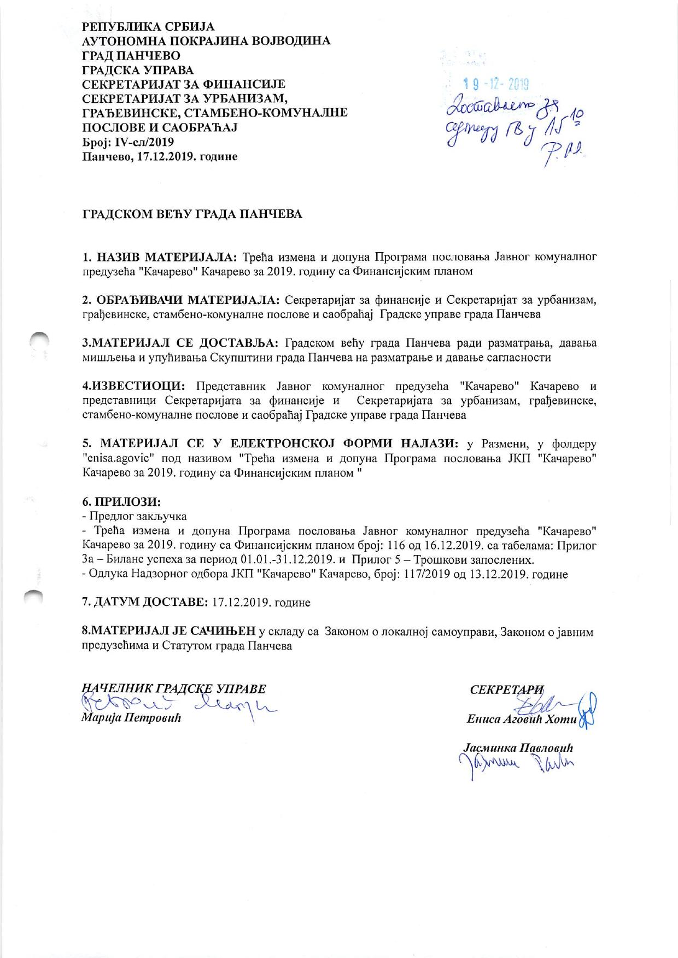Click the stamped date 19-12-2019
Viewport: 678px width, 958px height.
tap(495, 84)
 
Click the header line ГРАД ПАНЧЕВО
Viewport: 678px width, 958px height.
tap(131, 56)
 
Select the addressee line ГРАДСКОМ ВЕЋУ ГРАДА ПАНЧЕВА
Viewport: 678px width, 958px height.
tap(192, 214)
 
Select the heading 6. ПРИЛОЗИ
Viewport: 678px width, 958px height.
tap(122, 501)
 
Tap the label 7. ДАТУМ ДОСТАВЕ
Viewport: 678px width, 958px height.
tap(144, 603)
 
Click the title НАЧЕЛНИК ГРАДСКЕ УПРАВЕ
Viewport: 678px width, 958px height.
tap(173, 688)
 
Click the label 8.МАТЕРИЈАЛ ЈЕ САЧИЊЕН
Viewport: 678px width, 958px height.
tap(168, 632)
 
